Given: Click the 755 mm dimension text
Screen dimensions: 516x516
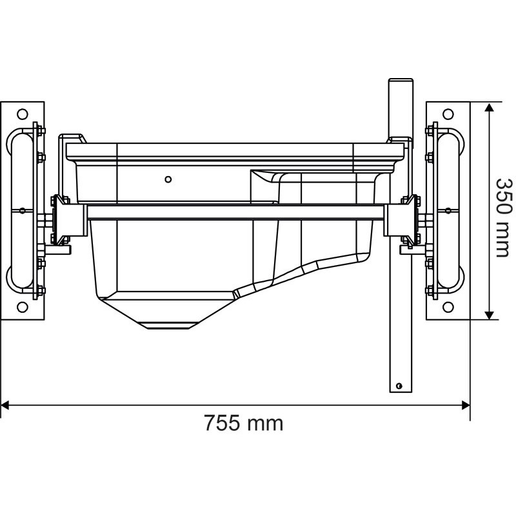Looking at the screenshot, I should (x=243, y=424).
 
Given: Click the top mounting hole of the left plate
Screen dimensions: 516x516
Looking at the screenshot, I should (x=23, y=114).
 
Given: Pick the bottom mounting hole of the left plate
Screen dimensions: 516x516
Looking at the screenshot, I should (x=23, y=307).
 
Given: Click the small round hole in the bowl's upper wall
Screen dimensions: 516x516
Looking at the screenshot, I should (x=168, y=179).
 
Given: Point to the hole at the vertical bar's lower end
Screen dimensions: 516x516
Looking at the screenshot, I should (x=399, y=386).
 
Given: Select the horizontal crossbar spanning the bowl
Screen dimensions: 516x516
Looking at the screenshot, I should (x=235, y=212).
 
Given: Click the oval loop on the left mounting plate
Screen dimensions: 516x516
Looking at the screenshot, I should (x=20, y=210).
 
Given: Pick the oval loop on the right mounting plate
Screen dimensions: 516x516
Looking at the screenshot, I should (x=450, y=210).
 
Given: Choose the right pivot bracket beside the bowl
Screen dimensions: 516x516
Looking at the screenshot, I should (x=408, y=219).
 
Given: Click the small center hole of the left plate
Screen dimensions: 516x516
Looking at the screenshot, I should (x=22, y=210).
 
